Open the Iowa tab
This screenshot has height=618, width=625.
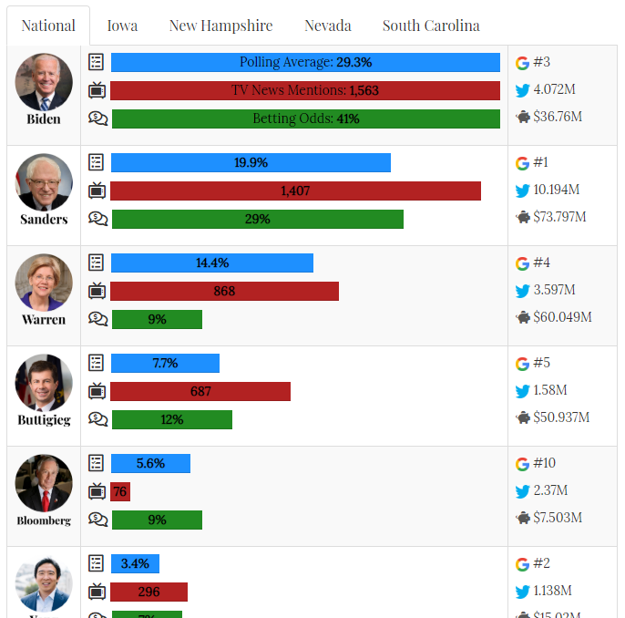[122, 26]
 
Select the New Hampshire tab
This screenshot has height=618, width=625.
[220, 26]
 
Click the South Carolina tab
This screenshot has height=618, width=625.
[431, 26]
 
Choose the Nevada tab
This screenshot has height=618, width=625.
[328, 26]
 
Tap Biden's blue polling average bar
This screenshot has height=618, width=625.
[305, 62]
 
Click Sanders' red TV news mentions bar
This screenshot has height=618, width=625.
[295, 191]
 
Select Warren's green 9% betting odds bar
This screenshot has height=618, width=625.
[157, 319]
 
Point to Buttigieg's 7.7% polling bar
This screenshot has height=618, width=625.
[165, 363]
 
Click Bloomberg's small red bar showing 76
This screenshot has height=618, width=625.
[120, 491]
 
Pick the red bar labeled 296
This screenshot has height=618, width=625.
[149, 592]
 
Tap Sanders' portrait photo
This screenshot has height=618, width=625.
[44, 182]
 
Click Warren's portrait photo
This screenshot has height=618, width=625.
[44, 283]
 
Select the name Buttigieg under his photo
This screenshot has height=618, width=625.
[44, 420]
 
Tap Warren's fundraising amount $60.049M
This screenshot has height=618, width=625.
[562, 317]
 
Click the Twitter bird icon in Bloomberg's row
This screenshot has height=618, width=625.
[522, 491]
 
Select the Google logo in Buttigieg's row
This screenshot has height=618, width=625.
[522, 364]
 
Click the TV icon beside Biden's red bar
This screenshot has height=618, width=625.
[97, 90]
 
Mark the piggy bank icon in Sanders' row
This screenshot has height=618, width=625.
[523, 217]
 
